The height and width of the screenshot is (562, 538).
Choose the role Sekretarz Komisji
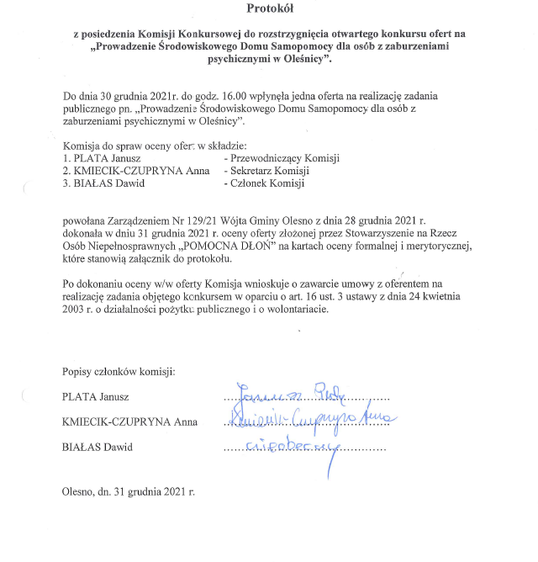coord(266,170)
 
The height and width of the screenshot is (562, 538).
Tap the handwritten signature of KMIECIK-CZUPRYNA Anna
coord(311,418)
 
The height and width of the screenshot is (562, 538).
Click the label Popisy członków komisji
coord(118,371)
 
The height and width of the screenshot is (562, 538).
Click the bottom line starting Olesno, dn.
coord(128,490)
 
